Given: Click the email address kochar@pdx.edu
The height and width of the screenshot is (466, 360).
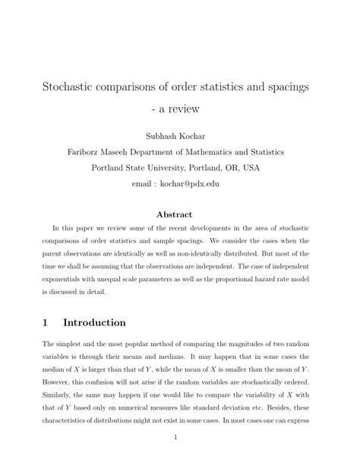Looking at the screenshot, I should (199, 183).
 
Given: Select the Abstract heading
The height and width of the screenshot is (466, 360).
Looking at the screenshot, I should (179, 215).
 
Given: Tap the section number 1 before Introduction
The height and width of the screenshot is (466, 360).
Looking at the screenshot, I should (47, 322).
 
